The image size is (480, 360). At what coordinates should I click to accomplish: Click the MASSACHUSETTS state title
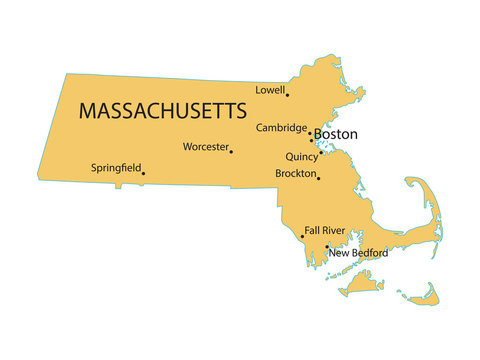162,108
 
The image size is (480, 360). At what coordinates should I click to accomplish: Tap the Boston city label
336,133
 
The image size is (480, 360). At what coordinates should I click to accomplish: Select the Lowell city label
269,89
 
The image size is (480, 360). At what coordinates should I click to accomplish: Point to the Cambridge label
281,128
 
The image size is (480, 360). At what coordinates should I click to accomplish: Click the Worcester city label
205,147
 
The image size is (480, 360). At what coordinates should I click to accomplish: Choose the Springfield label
116,167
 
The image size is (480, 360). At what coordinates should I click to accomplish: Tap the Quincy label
301,156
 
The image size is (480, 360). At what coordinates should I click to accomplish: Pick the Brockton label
295,173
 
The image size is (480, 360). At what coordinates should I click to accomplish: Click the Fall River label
325,230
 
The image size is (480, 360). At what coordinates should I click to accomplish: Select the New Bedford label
359,253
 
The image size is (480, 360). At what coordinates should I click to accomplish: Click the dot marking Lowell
288,94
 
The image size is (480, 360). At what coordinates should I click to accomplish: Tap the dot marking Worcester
231,151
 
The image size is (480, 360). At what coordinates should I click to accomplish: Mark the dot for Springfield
143,173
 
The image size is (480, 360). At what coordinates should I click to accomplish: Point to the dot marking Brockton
318,178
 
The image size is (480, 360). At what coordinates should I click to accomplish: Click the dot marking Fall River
302,237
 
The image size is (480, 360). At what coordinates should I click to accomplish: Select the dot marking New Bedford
327,246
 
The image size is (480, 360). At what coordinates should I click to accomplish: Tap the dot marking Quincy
321,153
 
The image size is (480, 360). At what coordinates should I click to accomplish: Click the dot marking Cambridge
310,131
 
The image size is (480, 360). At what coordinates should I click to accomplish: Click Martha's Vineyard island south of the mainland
361,287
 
